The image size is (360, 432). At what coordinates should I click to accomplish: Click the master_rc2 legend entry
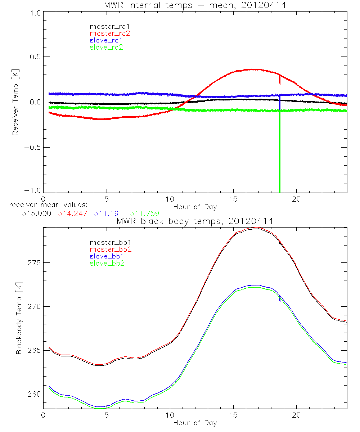[x=110, y=33]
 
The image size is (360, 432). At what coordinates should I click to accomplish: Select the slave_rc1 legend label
[x=106, y=40]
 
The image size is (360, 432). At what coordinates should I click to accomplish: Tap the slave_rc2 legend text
[x=106, y=47]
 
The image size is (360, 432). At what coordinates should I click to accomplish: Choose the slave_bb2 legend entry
[x=106, y=264]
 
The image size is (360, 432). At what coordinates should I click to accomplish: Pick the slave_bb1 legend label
[x=106, y=257]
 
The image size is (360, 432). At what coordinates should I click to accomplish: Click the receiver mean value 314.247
[x=72, y=213]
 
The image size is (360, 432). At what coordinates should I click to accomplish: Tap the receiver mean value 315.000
[x=36, y=213]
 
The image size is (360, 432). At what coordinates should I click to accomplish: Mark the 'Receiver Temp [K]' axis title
[x=15, y=103]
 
